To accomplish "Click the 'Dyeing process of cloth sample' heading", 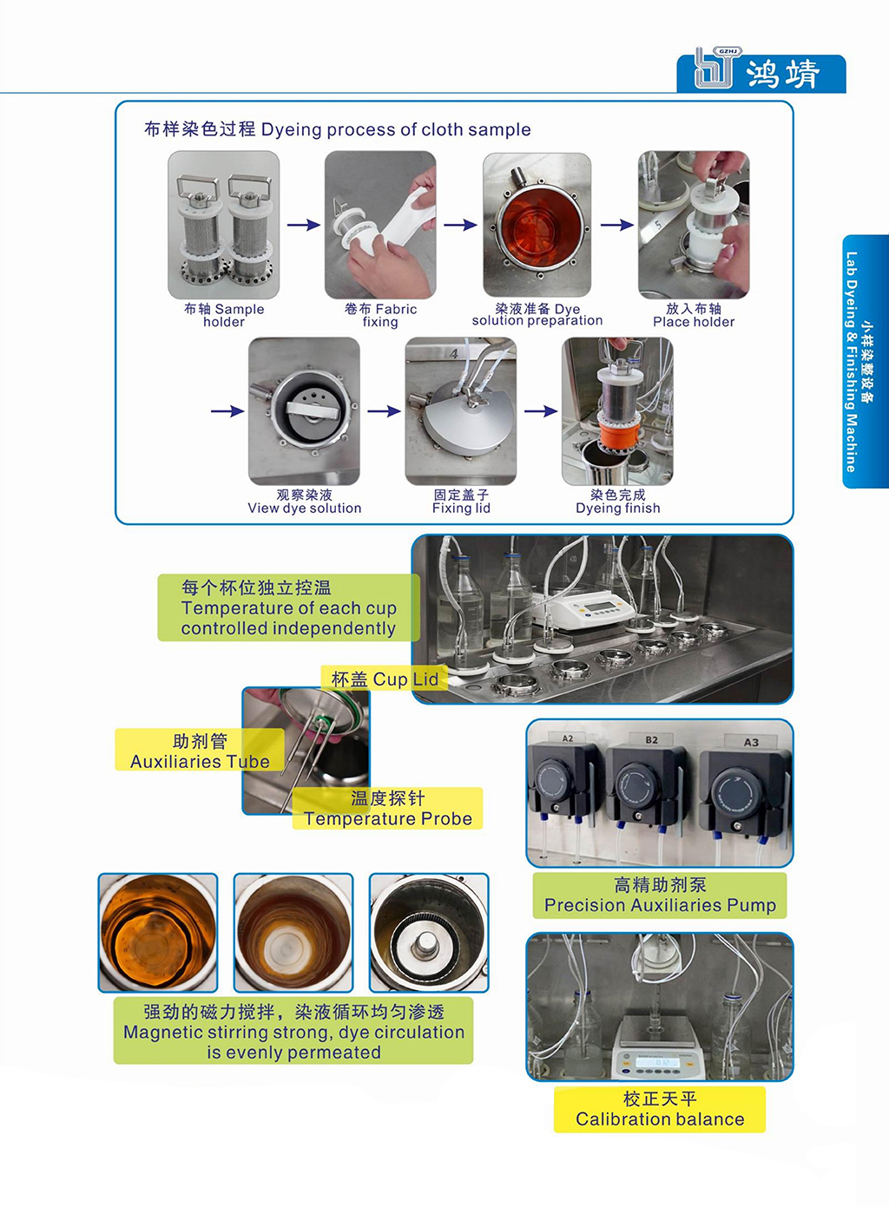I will (x=337, y=129).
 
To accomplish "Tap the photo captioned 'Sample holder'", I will (x=224, y=225).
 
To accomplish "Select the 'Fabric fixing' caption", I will (x=380, y=315).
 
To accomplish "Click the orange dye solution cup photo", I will (x=537, y=225).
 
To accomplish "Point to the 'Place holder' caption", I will (x=694, y=315).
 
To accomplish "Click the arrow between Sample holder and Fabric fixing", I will (x=303, y=225).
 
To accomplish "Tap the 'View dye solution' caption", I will (x=305, y=502).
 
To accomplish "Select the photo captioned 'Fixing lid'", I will (x=461, y=410).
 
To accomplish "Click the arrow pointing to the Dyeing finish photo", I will (x=540, y=410).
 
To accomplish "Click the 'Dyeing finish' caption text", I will (x=617, y=502).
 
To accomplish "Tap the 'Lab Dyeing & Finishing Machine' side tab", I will (x=865, y=361).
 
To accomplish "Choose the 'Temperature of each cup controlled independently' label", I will (x=288, y=608).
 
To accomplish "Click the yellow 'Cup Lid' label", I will (x=385, y=679).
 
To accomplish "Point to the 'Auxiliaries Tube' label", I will (x=200, y=751).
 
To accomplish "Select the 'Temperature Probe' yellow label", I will (x=387, y=809).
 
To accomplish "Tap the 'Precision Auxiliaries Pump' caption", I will (x=660, y=895).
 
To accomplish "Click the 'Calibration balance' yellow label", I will (x=660, y=1110).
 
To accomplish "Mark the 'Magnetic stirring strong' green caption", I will (x=293, y=1032).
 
